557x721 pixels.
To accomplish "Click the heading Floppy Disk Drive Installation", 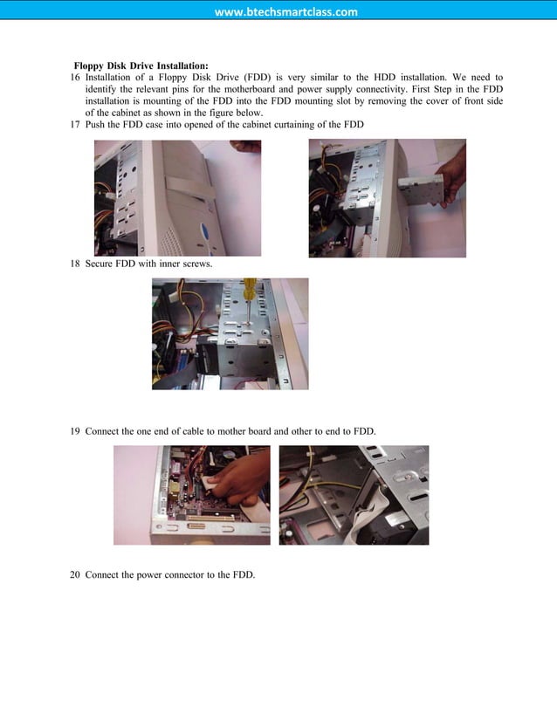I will pos(141,65).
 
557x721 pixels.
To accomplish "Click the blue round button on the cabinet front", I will pos(203,234).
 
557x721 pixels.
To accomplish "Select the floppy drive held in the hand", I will pos(420,190).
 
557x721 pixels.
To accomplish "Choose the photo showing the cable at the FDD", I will pos(354,495).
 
